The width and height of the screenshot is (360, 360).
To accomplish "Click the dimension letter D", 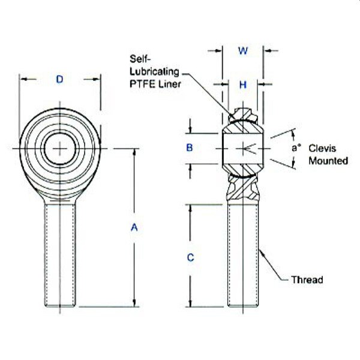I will pos(59,79).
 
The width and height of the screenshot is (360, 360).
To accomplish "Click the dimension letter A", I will pos(134,227).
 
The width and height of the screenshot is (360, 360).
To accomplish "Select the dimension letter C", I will pos(190,257).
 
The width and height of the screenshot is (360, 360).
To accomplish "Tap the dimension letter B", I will pos(190,148).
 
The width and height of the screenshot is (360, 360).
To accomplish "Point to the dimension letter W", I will pos(243,51).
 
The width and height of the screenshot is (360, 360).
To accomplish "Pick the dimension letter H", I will pos(243,85).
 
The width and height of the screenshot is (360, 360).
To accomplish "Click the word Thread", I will pos(307,280).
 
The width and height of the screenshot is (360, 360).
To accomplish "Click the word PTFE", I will pos(140,83).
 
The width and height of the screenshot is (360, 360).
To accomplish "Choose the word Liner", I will pos(168,83).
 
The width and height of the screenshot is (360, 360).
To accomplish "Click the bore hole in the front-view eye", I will pos(59,148).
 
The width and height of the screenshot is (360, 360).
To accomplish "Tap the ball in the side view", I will pos(243,148).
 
